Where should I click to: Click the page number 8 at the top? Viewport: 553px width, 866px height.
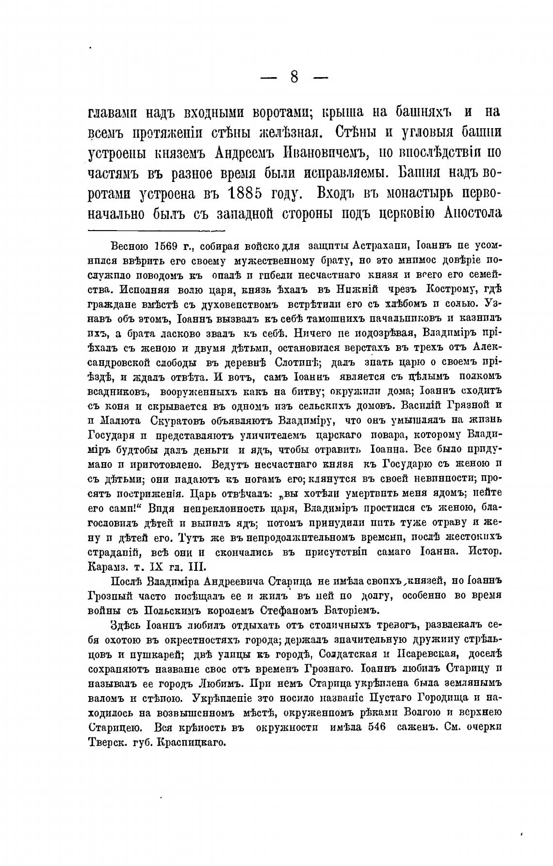294,77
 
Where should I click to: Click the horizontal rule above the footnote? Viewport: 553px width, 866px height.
156,231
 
